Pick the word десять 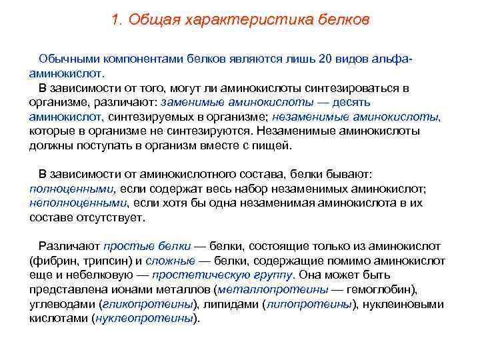[x=347, y=102]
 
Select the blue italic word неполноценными [x=77, y=203]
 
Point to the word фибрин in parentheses [x=51, y=261]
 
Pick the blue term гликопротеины [x=145, y=304]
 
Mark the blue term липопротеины [x=308, y=304]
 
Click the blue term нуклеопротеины [x=144, y=318]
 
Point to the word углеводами [x=62, y=304]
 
